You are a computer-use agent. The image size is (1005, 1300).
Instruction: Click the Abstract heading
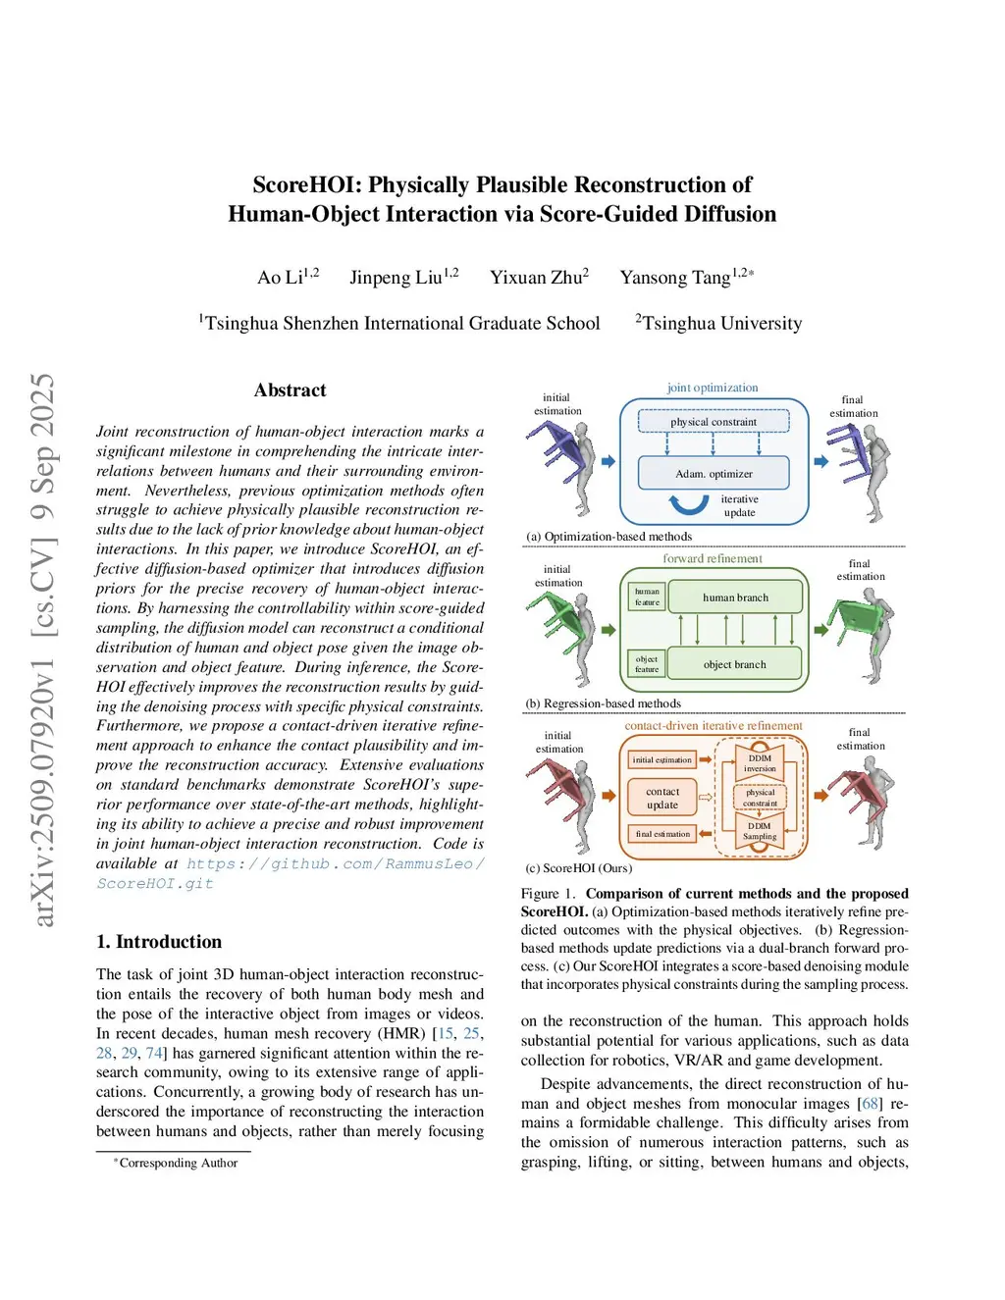coord(290,390)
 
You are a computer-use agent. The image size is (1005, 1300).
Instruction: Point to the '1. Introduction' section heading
coord(159,942)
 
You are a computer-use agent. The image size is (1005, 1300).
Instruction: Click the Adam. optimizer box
coord(714,473)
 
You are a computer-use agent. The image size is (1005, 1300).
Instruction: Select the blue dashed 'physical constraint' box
coord(714,422)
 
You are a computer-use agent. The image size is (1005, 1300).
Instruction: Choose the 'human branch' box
coord(735,597)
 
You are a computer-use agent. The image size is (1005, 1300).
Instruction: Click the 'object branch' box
coord(734,664)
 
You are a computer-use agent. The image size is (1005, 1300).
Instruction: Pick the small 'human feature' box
coord(647,597)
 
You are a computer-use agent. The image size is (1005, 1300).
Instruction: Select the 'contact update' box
coord(662,798)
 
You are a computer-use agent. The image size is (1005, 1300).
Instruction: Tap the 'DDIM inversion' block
coord(760,762)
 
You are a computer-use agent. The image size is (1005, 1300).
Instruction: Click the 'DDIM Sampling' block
coord(760,831)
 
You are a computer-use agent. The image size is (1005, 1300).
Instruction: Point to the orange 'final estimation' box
coord(662,834)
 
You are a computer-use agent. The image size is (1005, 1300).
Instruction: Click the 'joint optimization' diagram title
coord(713,388)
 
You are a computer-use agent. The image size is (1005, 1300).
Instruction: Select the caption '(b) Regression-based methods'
coord(603,703)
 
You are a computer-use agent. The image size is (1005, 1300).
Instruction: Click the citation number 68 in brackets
coord(871,1104)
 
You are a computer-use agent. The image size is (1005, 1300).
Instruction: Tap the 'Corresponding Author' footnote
coord(178,1163)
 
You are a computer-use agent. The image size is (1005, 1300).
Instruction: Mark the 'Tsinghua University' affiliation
coord(721,324)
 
